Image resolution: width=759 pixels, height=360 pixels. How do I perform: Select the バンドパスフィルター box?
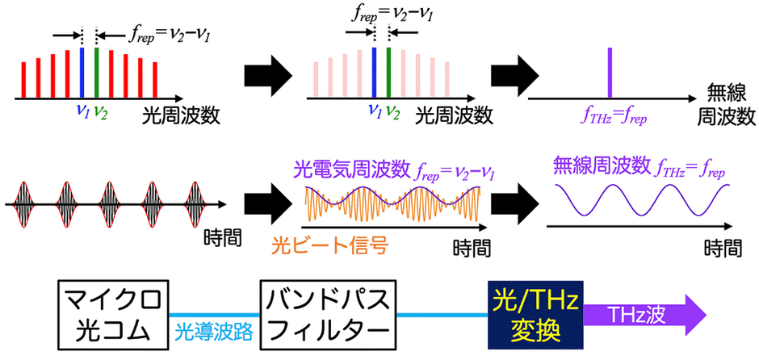tap(328, 312)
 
